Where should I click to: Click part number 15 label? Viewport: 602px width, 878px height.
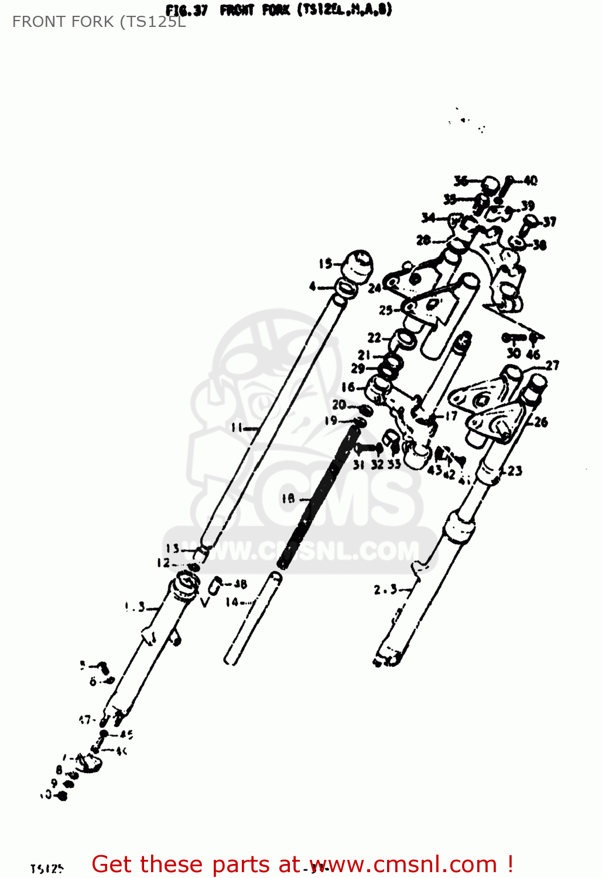(325, 264)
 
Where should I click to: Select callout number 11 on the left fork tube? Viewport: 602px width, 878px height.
(237, 428)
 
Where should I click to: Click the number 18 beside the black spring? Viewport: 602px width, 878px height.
(288, 499)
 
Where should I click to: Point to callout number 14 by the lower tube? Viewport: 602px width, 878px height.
(232, 602)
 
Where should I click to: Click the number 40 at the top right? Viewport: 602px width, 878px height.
(530, 180)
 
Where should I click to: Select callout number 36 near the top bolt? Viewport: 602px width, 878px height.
(461, 181)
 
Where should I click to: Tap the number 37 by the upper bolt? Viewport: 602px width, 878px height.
(549, 222)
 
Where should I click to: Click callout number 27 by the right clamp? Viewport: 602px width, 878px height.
(552, 365)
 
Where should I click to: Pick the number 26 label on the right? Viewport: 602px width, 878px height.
(541, 421)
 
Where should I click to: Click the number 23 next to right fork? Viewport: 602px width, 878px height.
(515, 471)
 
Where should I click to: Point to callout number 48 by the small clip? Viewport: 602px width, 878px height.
(240, 584)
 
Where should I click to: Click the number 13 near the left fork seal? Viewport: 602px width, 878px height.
(172, 548)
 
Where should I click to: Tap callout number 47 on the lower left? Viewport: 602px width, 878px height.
(85, 719)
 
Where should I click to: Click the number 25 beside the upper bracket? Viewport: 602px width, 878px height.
(385, 310)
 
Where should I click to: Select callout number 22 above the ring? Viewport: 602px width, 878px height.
(374, 338)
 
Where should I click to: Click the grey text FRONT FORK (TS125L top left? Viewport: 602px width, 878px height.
(99, 22)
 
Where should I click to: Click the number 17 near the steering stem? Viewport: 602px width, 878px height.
(451, 416)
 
